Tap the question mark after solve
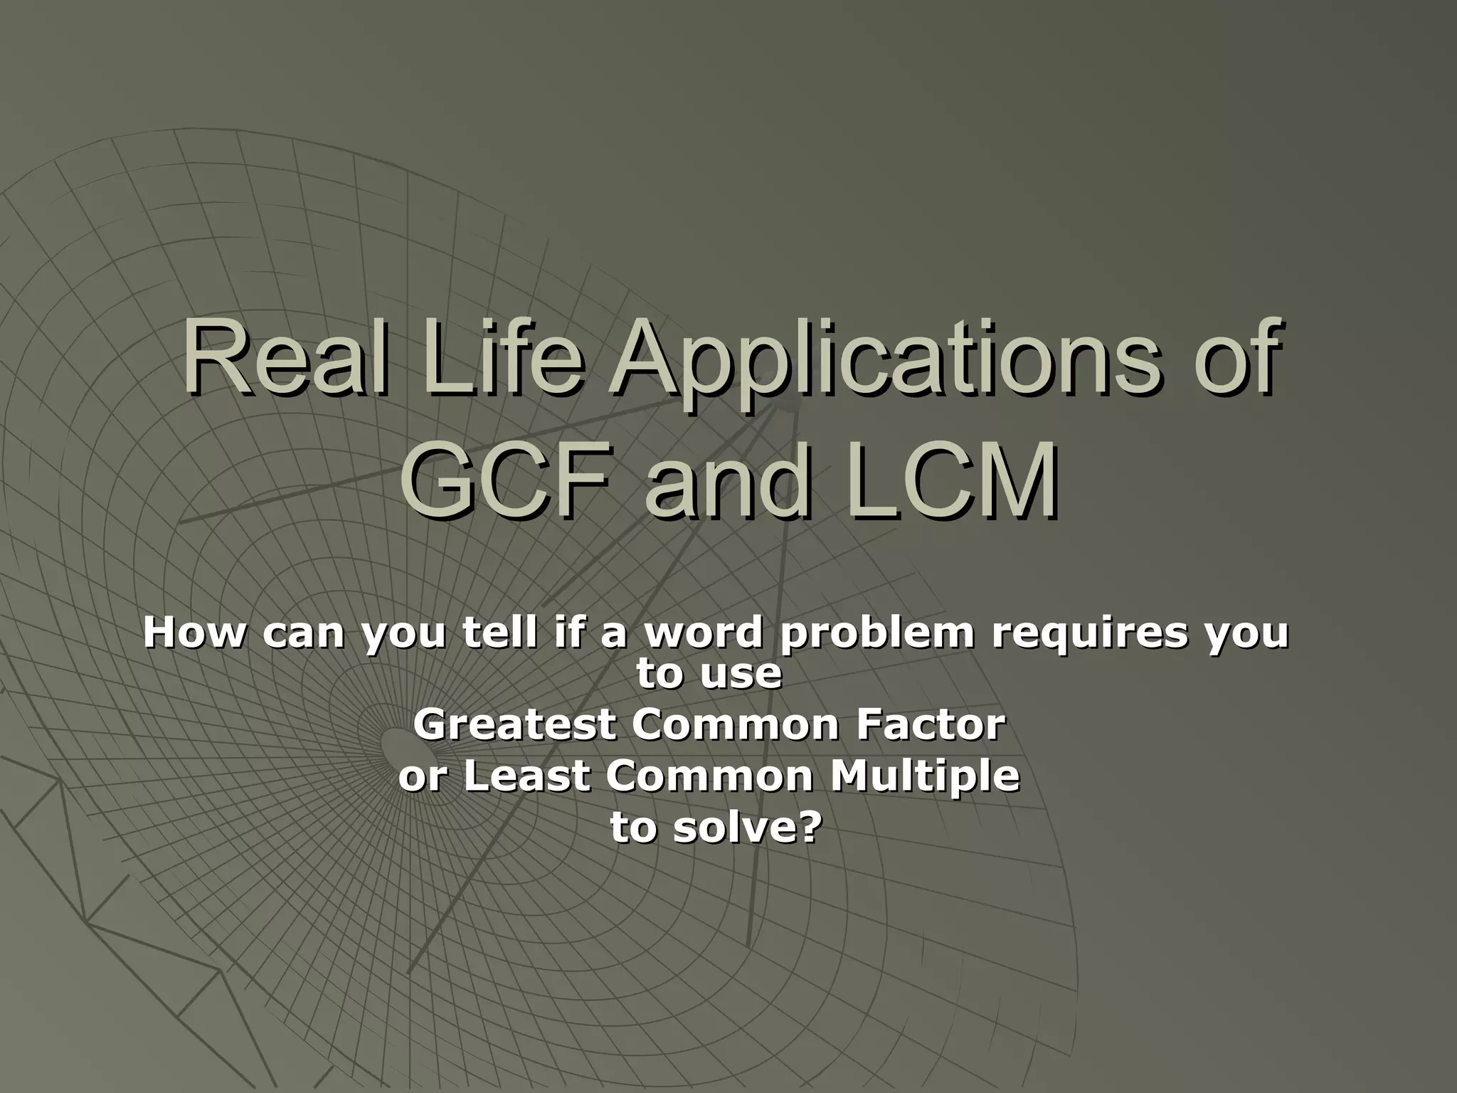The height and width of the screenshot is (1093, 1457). [x=802, y=828]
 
